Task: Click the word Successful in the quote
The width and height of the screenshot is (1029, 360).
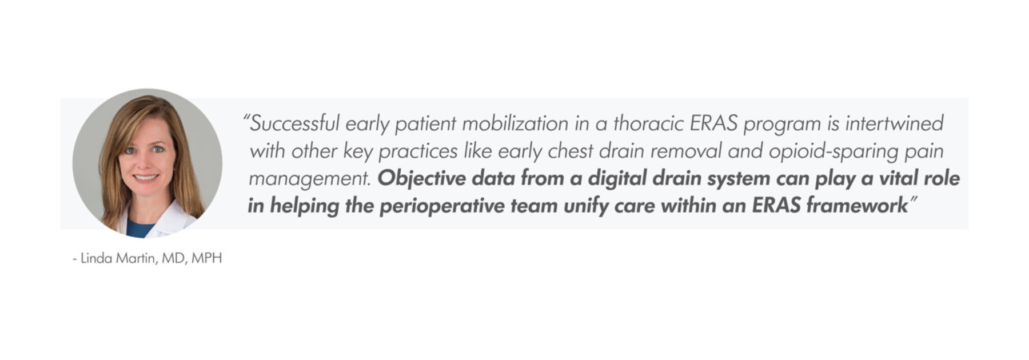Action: click(295, 123)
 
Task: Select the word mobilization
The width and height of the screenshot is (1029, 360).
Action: click(515, 123)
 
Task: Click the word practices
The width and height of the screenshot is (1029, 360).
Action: click(418, 151)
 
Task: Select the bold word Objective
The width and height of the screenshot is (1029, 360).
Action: click(421, 179)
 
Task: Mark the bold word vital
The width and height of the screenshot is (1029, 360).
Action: click(898, 178)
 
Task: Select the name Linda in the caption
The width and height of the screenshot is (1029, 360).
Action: click(96, 258)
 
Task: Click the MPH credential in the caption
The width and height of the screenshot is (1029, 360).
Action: click(206, 258)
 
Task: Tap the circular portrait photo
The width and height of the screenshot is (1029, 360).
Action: click(147, 163)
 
